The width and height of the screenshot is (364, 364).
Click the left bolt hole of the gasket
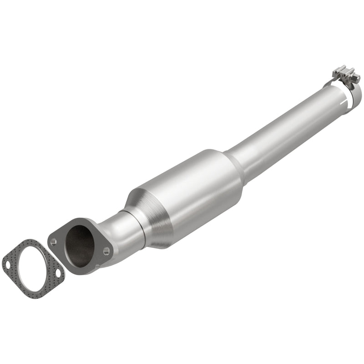click(x=8, y=263)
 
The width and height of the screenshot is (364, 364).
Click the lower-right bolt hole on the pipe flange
click(x=106, y=251)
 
